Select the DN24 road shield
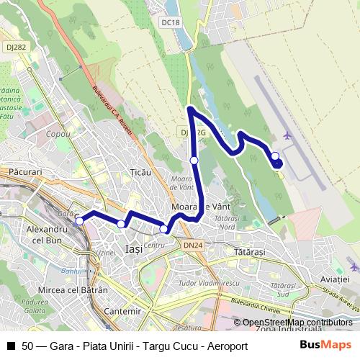(x=193, y=246)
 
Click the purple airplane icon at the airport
(x=289, y=135)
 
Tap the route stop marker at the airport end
(x=275, y=156)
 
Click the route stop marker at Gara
(x=79, y=221)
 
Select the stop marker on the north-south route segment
(x=194, y=160)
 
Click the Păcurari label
(x=27, y=173)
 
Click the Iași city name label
(x=133, y=248)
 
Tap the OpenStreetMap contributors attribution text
(x=297, y=323)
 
